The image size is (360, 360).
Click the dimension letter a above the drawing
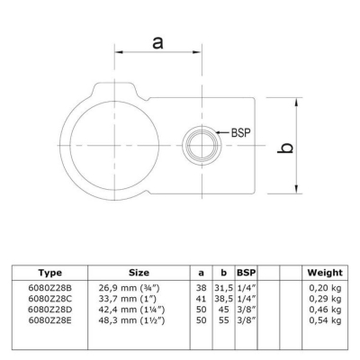click(x=157, y=42)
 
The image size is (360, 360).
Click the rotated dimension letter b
click(x=284, y=148)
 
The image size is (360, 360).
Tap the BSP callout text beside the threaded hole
click(x=240, y=132)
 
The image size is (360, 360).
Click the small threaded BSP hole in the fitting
click(x=202, y=145)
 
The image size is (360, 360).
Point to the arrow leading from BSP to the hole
click(x=222, y=132)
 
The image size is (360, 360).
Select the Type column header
click(x=50, y=273)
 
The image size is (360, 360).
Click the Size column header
click(x=139, y=273)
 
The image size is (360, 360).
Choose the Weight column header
click(x=325, y=273)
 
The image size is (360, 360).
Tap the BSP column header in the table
click(x=247, y=273)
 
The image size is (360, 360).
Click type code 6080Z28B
click(x=50, y=288)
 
